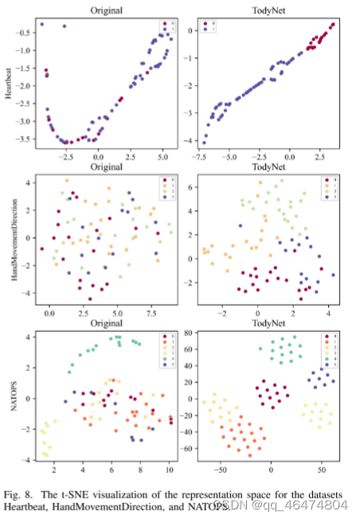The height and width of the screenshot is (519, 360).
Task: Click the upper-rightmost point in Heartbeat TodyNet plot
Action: (x=333, y=24)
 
